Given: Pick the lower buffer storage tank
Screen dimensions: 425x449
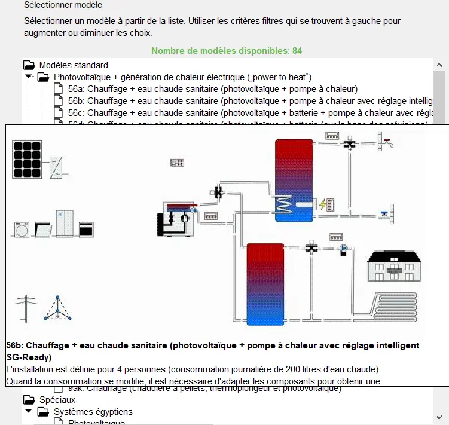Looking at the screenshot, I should [265, 284].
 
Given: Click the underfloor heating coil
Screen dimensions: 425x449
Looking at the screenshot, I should [393, 308].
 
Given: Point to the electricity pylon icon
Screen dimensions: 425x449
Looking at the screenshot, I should [26, 309].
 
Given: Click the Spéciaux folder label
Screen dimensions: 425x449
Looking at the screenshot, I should [57, 399].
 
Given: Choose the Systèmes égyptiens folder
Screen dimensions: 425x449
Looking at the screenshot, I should [93, 412].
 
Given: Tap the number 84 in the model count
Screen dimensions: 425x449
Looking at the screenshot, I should [297, 51].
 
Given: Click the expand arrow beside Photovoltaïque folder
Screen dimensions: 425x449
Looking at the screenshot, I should [28, 77].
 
